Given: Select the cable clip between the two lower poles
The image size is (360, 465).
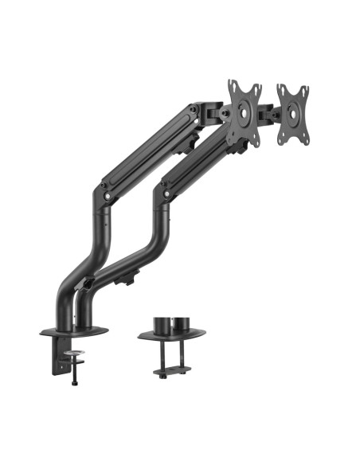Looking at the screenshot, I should (88, 281).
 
